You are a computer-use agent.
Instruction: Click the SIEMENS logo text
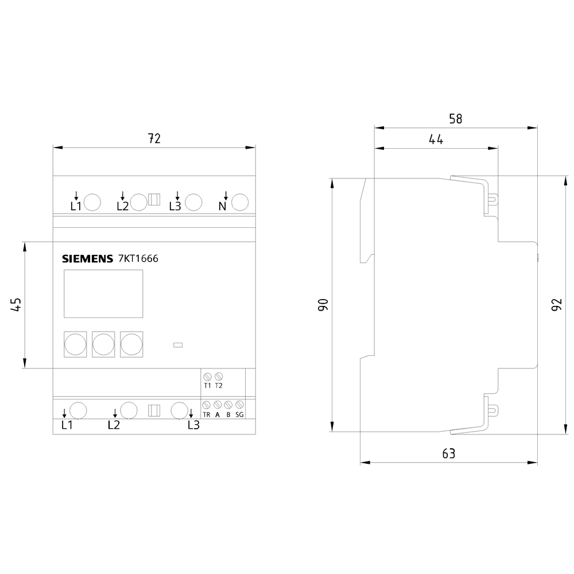click(87, 259)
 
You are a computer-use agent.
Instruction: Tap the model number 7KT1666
click(138, 258)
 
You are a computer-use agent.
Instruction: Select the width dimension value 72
click(154, 138)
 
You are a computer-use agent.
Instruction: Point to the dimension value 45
click(17, 305)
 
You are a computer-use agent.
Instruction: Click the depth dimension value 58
click(456, 119)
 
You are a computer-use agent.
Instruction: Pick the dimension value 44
click(436, 139)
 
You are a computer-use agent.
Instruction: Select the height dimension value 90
click(323, 305)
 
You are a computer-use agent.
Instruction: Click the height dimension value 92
click(556, 305)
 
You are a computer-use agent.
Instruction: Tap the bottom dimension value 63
click(449, 453)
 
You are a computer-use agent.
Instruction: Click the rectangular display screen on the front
click(103, 293)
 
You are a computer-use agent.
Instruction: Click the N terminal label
click(222, 207)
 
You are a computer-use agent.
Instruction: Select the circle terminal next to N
click(240, 203)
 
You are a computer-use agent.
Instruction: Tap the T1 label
click(208, 386)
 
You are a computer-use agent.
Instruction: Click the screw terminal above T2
click(219, 376)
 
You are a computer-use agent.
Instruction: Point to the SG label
click(239, 415)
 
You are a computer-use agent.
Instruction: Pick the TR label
click(207, 415)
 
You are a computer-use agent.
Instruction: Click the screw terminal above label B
click(228, 405)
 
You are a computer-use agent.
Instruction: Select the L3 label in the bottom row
click(193, 425)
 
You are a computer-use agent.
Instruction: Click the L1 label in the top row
click(76, 207)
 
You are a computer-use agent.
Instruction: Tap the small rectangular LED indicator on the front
click(178, 345)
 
